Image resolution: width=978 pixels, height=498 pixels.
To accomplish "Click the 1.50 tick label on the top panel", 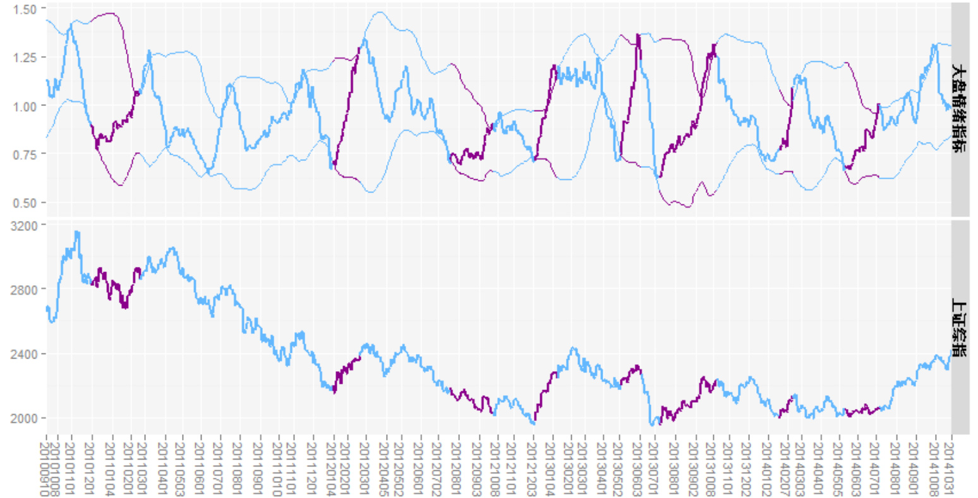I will (24, 9).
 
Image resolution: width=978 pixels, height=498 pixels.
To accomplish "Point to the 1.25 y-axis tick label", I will (24, 57).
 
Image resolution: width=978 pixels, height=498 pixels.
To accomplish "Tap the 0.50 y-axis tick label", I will (24, 203).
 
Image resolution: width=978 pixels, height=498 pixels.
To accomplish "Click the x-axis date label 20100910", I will (46, 467).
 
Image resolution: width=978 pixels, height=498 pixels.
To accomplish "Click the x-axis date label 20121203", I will (533, 467).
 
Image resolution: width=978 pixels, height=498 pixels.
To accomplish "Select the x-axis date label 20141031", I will (949, 467).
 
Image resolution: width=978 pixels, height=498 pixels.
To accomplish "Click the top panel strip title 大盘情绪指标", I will (960, 109).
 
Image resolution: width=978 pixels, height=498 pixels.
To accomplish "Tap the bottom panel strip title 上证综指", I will (960, 328).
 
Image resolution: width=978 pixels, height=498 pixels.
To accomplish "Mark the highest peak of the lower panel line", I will (76, 232).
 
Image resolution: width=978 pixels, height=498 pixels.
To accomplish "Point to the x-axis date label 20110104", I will (110, 467).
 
